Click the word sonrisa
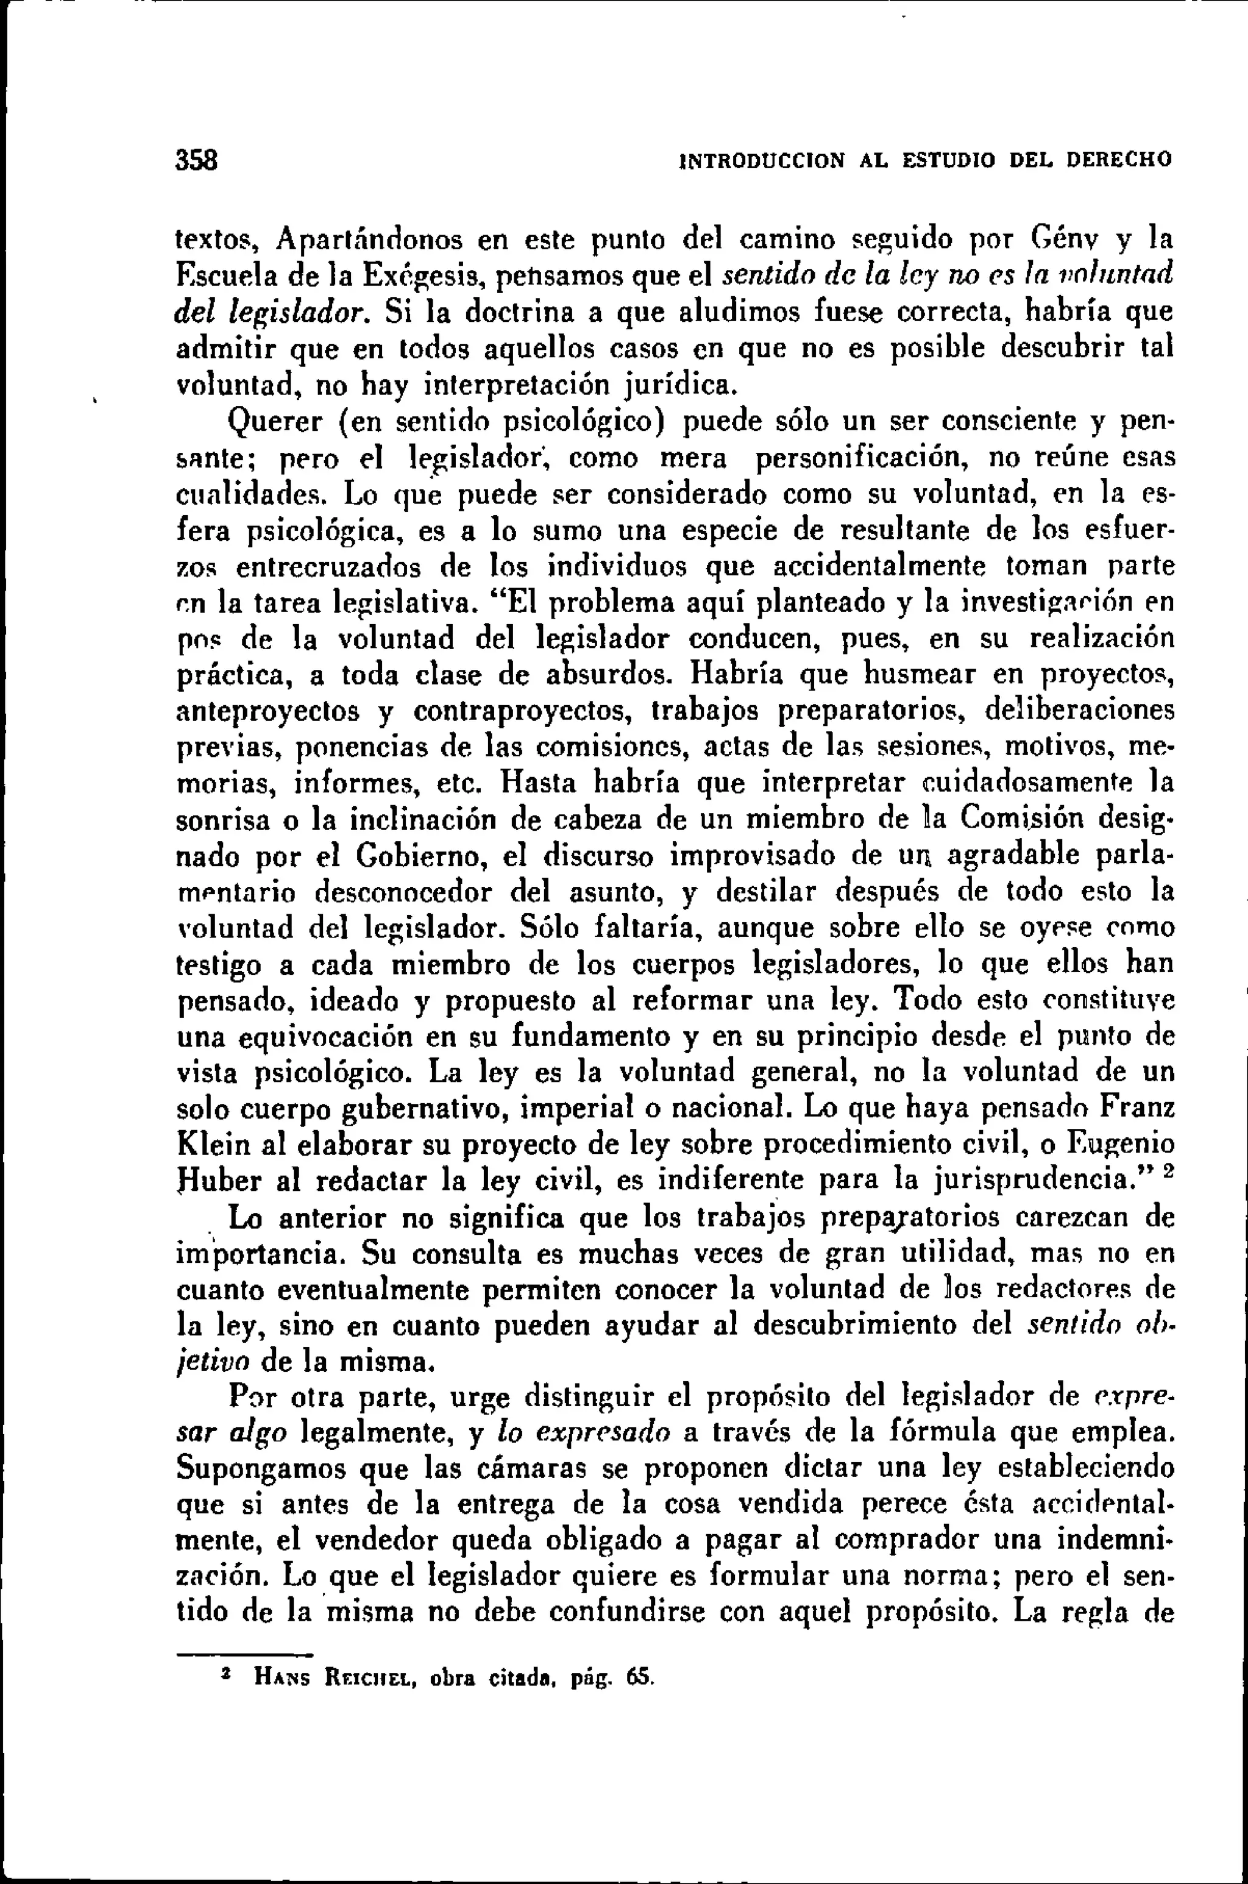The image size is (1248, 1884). (221, 819)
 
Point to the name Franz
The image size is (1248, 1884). (1136, 1108)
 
